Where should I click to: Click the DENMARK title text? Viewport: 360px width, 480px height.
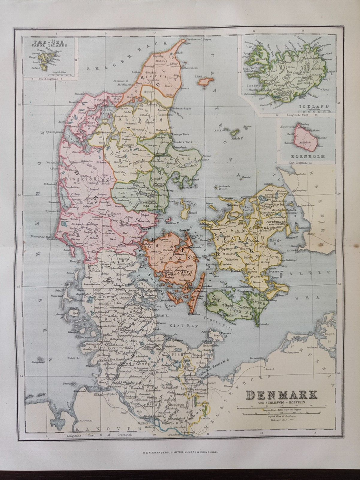(x=282, y=395)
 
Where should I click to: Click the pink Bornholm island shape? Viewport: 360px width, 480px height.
(x=305, y=138)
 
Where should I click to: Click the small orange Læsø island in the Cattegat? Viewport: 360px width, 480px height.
(x=205, y=81)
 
